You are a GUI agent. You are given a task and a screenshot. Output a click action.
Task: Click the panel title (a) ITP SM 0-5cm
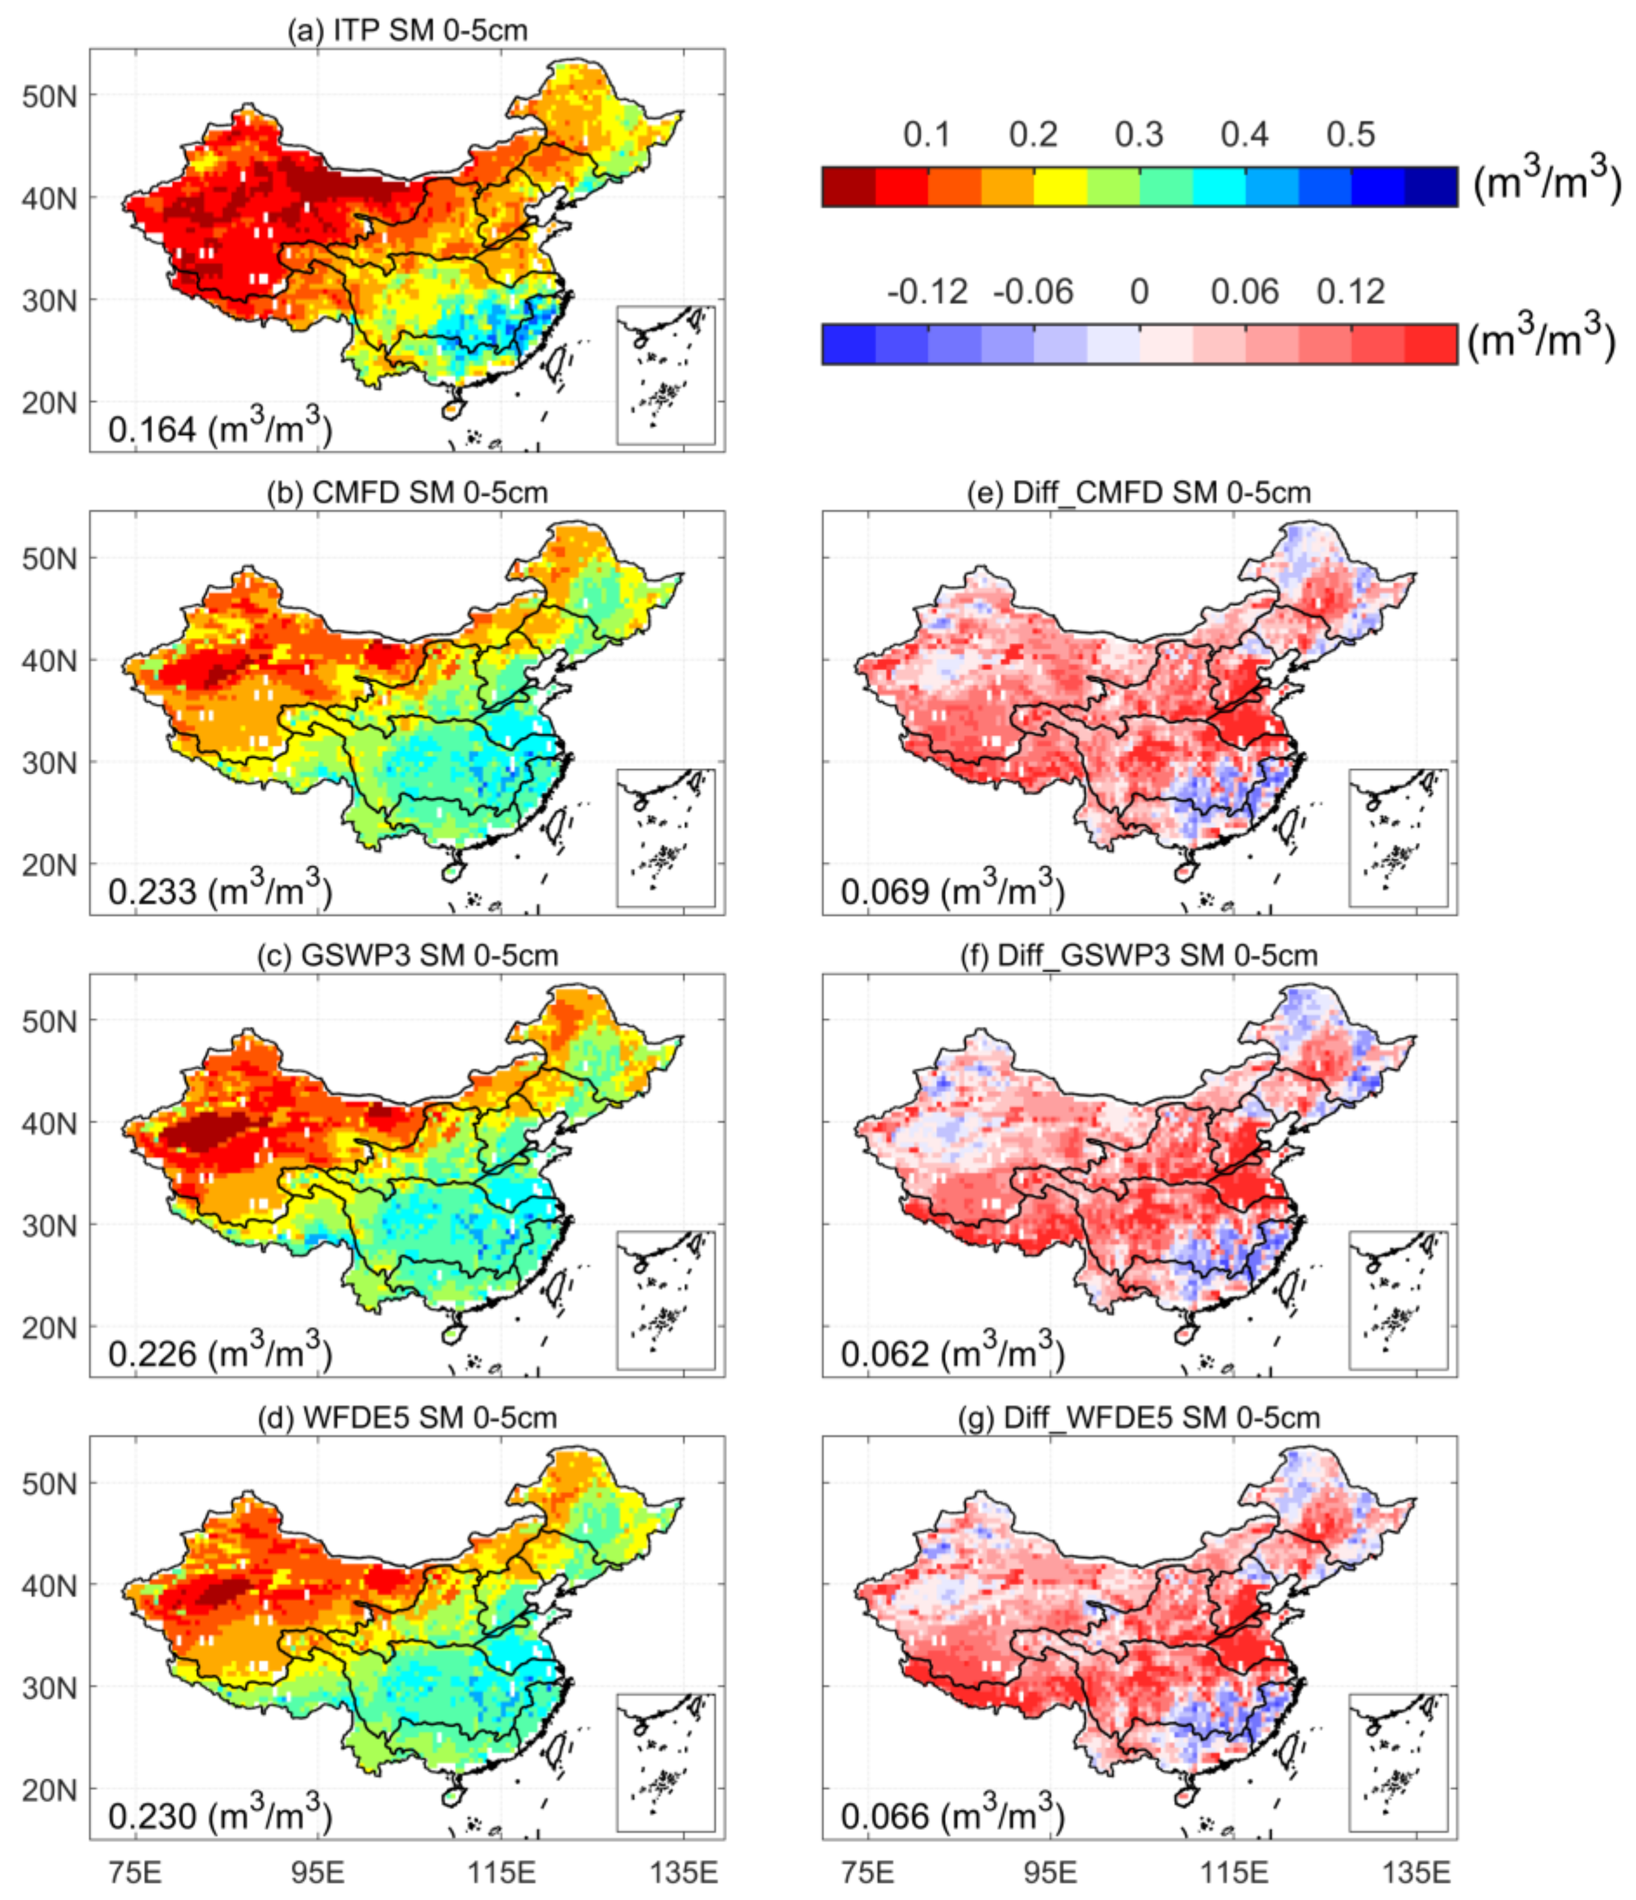pyautogui.click(x=407, y=30)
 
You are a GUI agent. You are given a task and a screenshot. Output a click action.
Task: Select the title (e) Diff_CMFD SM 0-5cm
pyautogui.click(x=1139, y=492)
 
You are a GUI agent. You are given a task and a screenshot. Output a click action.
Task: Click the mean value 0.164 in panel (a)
pyautogui.click(x=152, y=429)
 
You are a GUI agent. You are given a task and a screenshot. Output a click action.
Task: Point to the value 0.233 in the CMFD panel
pyautogui.click(x=152, y=891)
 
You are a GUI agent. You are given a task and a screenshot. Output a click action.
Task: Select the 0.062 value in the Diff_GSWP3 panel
pyautogui.click(x=885, y=1353)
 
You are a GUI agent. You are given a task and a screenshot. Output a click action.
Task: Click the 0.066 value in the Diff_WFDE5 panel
pyautogui.click(x=885, y=1816)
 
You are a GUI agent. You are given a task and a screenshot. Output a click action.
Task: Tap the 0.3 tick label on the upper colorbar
pyautogui.click(x=1139, y=135)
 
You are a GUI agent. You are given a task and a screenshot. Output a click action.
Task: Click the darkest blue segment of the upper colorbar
pyautogui.click(x=1431, y=187)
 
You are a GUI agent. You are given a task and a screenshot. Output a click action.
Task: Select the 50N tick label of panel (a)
pyautogui.click(x=50, y=95)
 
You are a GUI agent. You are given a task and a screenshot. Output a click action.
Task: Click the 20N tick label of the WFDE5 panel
pyautogui.click(x=50, y=1788)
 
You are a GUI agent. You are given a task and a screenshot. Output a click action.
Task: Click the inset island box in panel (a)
pyautogui.click(x=666, y=375)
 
